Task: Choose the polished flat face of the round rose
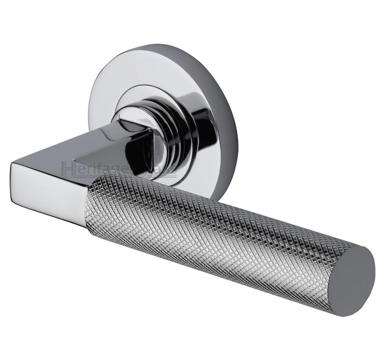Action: pyautogui.click(x=136, y=77)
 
